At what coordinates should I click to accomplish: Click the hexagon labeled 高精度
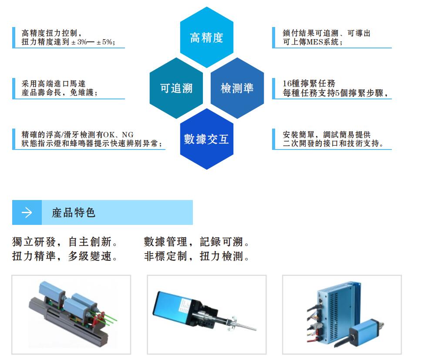(x=207, y=37)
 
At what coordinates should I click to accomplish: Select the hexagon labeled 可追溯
(x=176, y=88)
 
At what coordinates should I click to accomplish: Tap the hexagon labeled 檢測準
(x=237, y=88)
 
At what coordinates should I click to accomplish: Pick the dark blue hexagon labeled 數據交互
(x=207, y=139)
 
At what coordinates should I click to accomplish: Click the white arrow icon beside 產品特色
(x=27, y=213)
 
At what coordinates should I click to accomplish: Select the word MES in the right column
(x=317, y=42)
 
